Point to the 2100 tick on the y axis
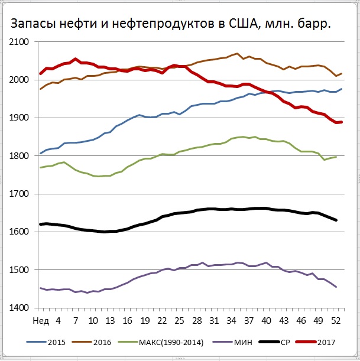point(19,43)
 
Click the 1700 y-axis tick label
point(19,194)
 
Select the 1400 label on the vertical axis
point(19,308)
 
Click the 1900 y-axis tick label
point(19,118)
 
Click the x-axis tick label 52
point(335,321)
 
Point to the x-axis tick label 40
point(266,321)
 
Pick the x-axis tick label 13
point(111,321)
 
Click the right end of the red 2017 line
point(341,122)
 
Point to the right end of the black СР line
point(336,220)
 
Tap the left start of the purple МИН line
point(41,288)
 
